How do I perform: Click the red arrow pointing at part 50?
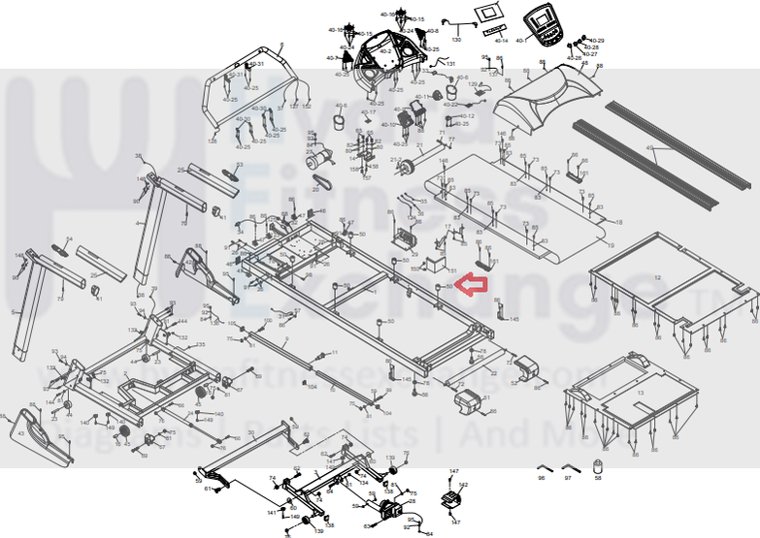473,285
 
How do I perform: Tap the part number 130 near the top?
456,40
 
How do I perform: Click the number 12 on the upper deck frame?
657,278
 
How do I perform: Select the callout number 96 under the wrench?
542,479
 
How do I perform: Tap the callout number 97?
568,479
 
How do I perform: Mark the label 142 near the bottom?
463,485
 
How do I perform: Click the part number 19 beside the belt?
611,246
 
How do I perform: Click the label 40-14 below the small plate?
501,42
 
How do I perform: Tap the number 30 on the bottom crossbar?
250,433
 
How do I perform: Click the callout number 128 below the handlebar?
213,142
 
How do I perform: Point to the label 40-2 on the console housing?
385,50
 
